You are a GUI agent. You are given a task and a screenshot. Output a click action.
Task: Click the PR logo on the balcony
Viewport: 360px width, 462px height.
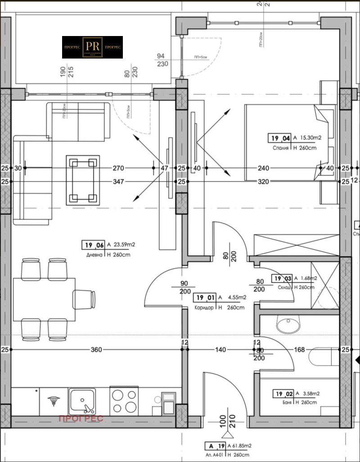pos(92,47)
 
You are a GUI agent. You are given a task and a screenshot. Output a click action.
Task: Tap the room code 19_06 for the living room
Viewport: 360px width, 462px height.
pos(93,245)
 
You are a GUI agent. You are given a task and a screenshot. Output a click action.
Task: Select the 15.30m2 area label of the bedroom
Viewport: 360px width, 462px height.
pos(311,138)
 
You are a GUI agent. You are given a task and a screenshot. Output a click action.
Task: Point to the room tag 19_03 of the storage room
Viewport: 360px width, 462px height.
pos(282,279)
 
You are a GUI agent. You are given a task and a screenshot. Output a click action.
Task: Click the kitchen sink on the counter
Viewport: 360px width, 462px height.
pos(82,400)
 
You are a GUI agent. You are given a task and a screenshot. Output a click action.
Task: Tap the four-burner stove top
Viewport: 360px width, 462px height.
pos(125,400)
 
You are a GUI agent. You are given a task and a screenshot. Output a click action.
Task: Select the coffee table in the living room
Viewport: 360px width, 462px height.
pos(83,180)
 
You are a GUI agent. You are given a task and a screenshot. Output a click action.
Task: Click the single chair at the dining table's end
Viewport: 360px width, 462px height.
pos(84,299)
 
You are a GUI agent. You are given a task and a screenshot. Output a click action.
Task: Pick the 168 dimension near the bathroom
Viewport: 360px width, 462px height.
pos(300,349)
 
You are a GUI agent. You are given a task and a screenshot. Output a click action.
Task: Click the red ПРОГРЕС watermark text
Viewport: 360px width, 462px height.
pos(81,419)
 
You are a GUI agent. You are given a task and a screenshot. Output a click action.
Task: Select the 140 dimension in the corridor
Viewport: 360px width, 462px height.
pos(220,349)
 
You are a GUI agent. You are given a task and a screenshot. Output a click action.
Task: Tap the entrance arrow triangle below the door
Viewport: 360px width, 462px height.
pos(228,435)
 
